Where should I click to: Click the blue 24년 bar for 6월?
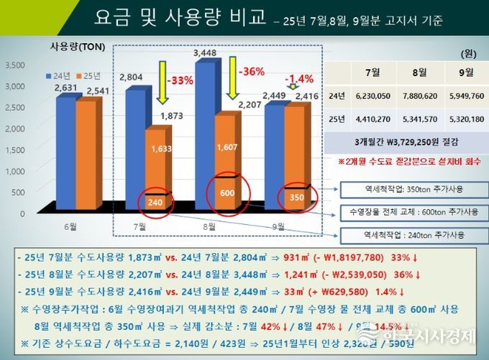[x=65, y=151]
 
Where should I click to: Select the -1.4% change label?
[x=299, y=78]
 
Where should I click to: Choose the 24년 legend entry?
[x=59, y=75]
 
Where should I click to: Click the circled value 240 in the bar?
[x=154, y=203]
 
